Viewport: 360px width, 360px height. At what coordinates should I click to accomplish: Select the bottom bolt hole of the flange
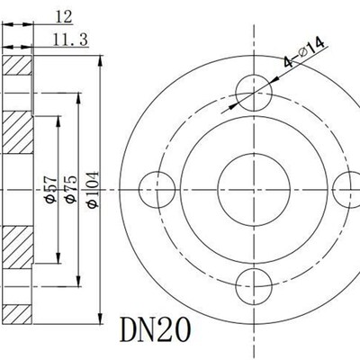(x=255, y=287)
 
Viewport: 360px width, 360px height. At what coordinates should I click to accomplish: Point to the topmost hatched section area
(x=18, y=68)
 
